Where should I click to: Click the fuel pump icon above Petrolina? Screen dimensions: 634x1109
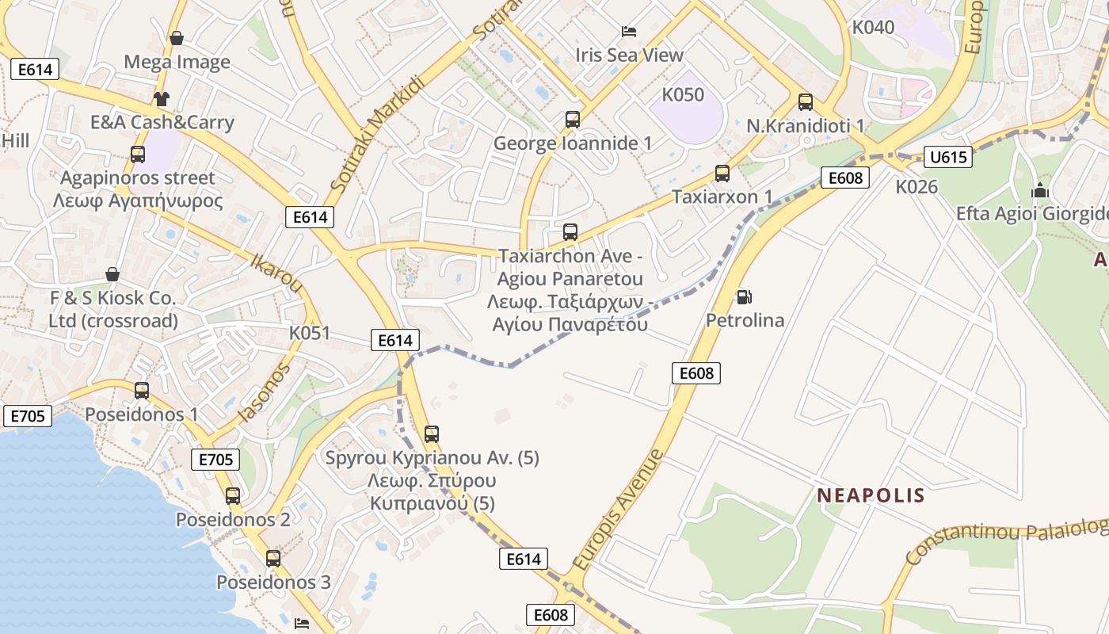pos(744,297)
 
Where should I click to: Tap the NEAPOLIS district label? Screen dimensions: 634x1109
pos(871,495)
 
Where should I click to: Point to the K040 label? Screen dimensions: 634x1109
pos(873,28)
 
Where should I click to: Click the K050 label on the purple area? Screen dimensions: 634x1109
pos(682,95)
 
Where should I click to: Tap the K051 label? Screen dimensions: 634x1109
pos(309,333)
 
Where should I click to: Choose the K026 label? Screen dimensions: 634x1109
pos(917,187)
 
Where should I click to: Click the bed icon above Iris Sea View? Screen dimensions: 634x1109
pos(629,32)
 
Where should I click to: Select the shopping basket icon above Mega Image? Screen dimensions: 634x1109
pos(177,38)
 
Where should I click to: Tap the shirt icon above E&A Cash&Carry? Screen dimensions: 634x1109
pos(162,99)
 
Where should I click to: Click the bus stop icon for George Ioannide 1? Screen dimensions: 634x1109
pos(573,120)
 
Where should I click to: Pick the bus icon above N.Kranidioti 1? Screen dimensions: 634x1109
pos(806,102)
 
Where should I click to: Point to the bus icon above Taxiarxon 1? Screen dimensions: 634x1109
pos(722,174)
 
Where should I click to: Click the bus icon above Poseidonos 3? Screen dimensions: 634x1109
pos(273,559)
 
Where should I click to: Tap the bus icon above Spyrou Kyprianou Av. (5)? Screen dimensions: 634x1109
pos(432,434)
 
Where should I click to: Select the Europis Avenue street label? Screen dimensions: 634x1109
pos(618,509)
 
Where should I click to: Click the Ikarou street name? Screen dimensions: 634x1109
pos(276,272)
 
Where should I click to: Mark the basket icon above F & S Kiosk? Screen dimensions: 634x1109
pos(112,274)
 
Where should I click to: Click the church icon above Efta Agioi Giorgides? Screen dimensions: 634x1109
pos(1039,190)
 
